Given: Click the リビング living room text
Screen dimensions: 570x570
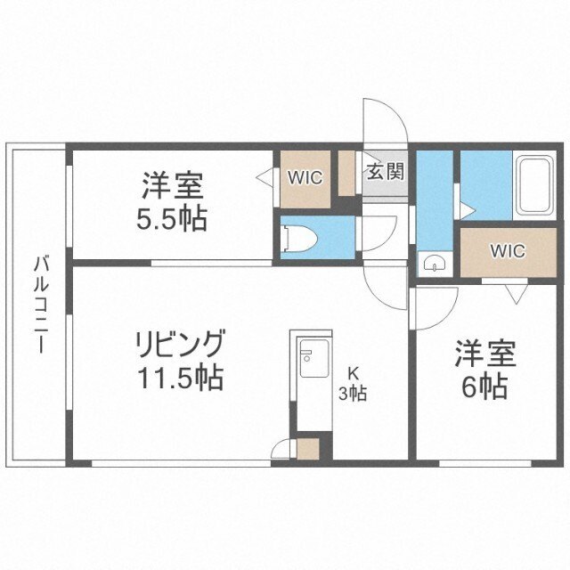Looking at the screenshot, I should [x=179, y=343].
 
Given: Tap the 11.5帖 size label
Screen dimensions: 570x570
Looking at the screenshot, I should [x=179, y=379].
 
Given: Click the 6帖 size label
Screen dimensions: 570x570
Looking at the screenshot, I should [x=484, y=387].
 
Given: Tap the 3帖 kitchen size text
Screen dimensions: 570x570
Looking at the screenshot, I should [x=353, y=393].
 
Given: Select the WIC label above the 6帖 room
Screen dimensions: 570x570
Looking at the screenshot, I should [x=507, y=250].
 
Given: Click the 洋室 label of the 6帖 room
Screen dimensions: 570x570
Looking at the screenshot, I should [x=484, y=354].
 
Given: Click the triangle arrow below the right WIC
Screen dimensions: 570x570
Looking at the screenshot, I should [x=514, y=291].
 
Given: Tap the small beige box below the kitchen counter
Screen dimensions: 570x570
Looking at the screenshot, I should [x=308, y=448].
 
